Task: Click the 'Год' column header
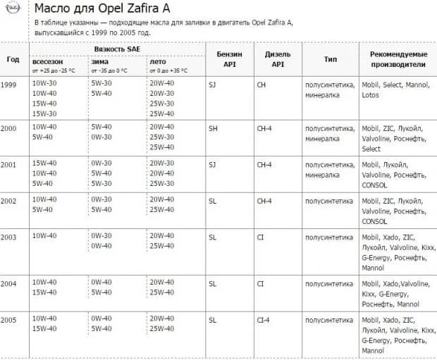coord(13,59)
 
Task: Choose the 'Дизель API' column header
coord(277,59)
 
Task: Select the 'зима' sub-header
coord(100,61)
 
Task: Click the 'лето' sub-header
coord(157,61)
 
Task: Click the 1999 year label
coord(9,84)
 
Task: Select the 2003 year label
coord(9,237)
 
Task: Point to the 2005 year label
coord(9,319)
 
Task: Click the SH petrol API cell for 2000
coord(213,128)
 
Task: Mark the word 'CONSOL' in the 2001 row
coord(374,185)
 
